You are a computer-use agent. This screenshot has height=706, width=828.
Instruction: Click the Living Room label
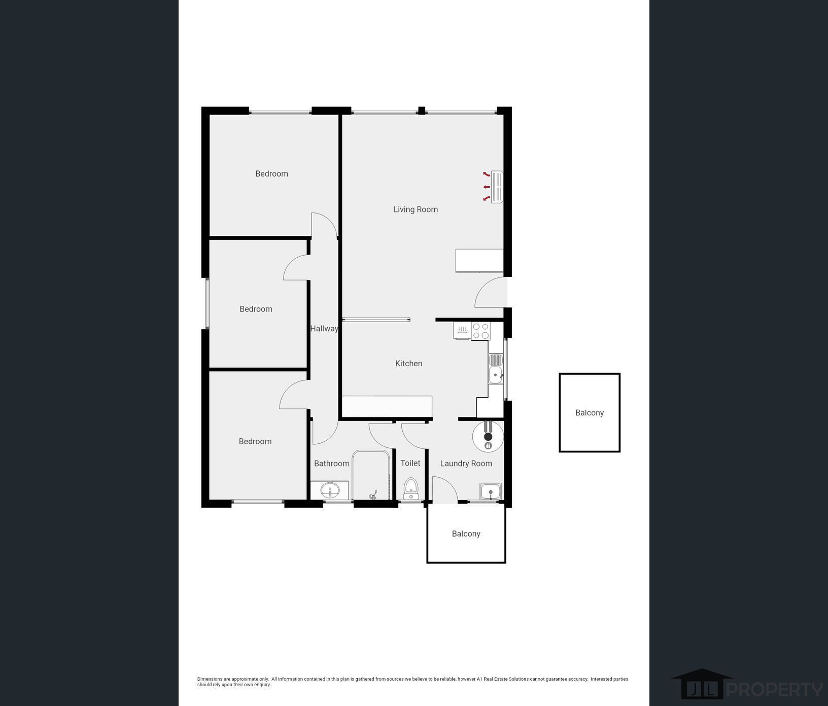[x=416, y=209]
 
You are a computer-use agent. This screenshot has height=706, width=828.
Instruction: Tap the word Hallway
[x=324, y=329]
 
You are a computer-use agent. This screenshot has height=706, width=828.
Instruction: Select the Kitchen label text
[x=408, y=363]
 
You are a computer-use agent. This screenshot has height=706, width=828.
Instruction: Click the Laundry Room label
[x=466, y=464]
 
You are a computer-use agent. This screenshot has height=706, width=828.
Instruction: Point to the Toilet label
[x=410, y=463]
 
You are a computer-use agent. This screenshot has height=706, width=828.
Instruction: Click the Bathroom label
[x=332, y=464]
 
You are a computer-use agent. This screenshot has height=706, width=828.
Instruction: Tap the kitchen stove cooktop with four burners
[x=480, y=331]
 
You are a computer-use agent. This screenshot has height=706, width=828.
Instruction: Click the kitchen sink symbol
[x=496, y=369]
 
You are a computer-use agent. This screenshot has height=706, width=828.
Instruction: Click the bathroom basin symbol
[x=330, y=491]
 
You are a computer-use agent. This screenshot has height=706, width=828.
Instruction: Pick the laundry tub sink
[x=491, y=491]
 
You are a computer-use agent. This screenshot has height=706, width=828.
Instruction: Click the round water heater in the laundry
[x=488, y=436]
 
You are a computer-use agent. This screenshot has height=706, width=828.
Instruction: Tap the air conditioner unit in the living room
[x=497, y=187]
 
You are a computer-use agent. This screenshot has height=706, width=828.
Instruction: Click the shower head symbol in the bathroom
[x=373, y=495]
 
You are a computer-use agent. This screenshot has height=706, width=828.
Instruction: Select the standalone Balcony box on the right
[x=590, y=413]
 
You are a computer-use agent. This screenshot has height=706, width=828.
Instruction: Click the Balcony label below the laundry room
[x=466, y=534]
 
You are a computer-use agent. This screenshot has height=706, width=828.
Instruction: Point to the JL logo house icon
[x=702, y=684]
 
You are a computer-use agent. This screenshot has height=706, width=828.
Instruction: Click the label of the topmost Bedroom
[x=271, y=174]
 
